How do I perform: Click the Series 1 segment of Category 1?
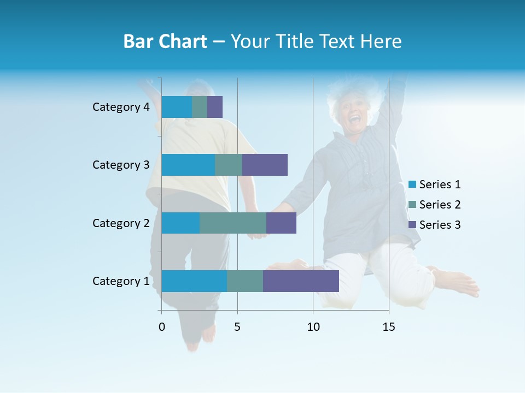click(194, 281)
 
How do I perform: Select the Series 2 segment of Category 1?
click(245, 281)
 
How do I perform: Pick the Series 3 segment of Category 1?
click(301, 281)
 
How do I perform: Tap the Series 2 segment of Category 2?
click(233, 223)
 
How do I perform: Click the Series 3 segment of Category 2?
click(281, 223)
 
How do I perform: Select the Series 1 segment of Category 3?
click(188, 165)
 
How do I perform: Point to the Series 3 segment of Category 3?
click(265, 165)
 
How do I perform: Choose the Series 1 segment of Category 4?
click(177, 107)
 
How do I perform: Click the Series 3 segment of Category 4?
click(215, 107)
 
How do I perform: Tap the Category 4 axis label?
click(121, 107)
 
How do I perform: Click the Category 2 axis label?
click(121, 223)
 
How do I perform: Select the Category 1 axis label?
click(121, 281)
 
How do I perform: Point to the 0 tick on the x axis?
click(162, 327)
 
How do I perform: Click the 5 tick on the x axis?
click(237, 327)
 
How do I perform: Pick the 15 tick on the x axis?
click(389, 327)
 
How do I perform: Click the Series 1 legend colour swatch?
click(412, 184)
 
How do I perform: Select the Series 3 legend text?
click(440, 225)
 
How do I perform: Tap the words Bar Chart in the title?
click(165, 41)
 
